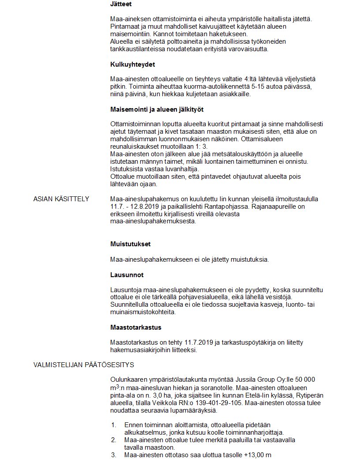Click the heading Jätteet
point(121,4)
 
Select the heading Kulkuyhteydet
point(132,64)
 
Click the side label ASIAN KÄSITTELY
point(61,199)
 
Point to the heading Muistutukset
point(131,244)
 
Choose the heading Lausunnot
point(127,275)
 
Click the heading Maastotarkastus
point(136,327)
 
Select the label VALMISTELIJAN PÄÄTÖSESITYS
point(84,365)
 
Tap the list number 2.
point(113,440)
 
